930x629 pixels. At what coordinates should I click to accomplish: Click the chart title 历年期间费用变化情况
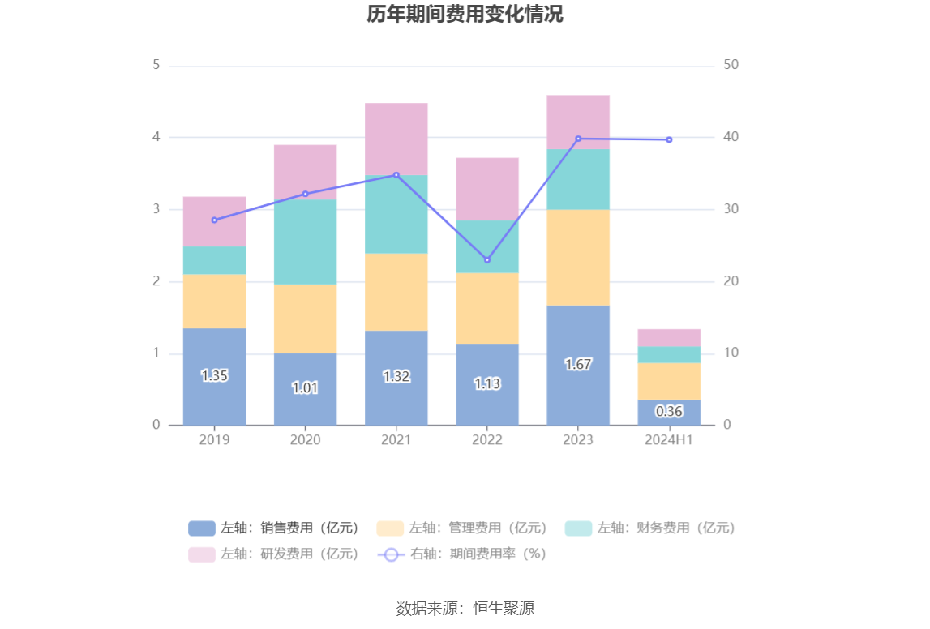click(x=465, y=15)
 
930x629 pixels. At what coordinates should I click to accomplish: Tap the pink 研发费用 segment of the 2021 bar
click(x=396, y=139)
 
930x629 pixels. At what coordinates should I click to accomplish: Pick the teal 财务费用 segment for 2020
click(x=305, y=242)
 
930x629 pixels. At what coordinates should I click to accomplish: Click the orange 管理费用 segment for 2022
click(x=487, y=309)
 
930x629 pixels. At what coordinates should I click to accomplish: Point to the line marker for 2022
click(x=487, y=260)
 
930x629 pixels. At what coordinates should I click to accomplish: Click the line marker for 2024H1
click(x=669, y=139)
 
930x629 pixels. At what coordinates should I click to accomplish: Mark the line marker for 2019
click(x=214, y=220)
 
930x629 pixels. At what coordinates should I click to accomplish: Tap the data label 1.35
click(x=214, y=376)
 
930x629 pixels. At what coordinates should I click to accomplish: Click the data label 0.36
click(x=669, y=412)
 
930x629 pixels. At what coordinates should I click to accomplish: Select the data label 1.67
click(x=578, y=365)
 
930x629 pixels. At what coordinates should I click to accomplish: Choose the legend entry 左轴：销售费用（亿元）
click(x=274, y=528)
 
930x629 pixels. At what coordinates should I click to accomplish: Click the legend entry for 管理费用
click(x=463, y=528)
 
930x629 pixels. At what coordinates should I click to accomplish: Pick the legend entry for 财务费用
click(x=651, y=528)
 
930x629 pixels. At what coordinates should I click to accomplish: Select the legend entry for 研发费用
click(x=274, y=554)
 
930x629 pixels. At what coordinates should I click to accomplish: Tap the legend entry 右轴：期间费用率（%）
click(x=463, y=554)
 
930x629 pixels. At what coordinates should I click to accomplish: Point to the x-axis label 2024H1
click(x=669, y=440)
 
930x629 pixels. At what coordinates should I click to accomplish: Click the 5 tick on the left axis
click(x=156, y=65)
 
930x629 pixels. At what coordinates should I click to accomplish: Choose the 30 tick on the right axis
click(x=731, y=209)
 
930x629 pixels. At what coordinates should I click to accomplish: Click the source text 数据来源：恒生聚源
click(x=465, y=608)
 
